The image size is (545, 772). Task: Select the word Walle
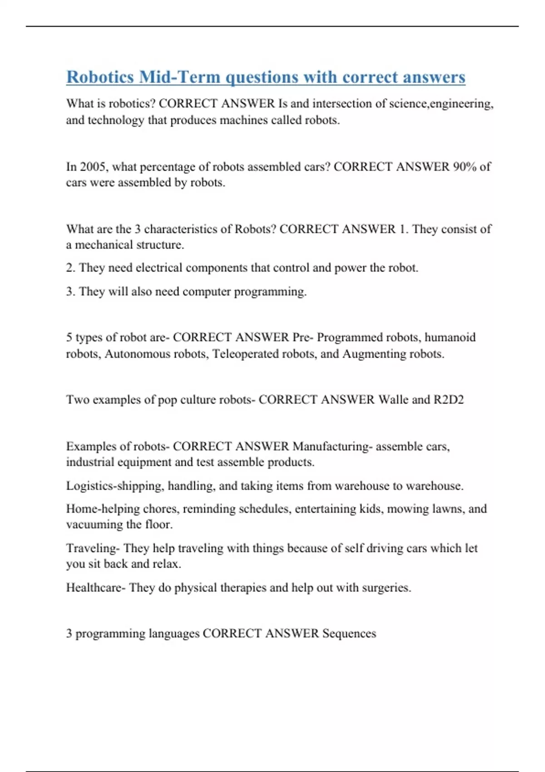[x=393, y=400]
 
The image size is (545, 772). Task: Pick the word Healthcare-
[x=95, y=588]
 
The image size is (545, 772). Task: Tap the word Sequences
[x=349, y=633]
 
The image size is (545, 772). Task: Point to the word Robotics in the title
[x=100, y=77]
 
